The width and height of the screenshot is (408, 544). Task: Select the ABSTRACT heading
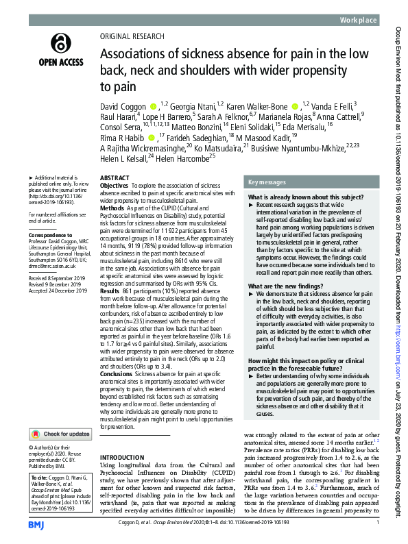coord(115,177)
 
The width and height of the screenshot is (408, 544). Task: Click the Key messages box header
coord(269,182)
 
